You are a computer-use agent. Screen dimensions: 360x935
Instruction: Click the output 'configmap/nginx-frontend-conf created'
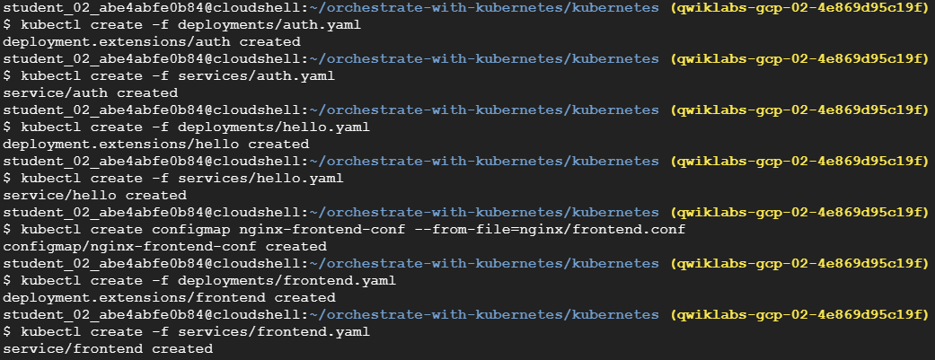[165, 246]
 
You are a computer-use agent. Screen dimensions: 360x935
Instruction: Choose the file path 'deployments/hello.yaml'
[271, 127]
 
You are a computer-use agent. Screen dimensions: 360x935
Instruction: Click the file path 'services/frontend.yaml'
[271, 331]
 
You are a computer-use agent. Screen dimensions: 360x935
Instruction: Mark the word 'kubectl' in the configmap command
[51, 229]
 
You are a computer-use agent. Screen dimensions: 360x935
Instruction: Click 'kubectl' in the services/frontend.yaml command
[51, 331]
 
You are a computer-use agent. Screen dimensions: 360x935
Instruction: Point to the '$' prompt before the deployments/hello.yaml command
[7, 127]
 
